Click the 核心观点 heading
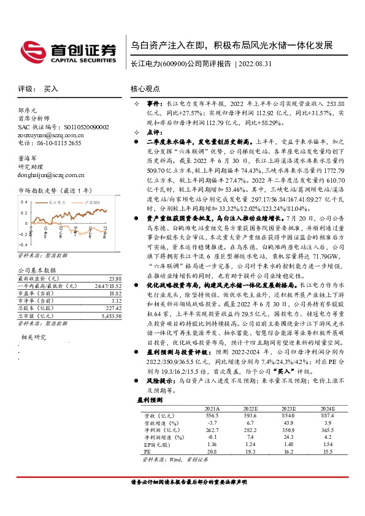tap(145, 88)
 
